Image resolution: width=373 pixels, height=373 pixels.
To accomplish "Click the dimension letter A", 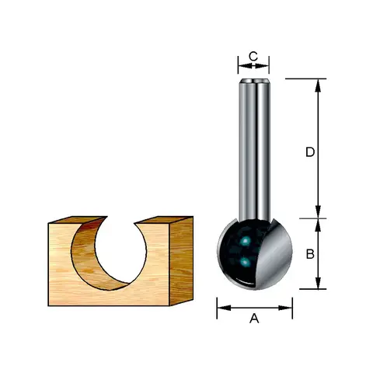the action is pyautogui.click(x=254, y=318).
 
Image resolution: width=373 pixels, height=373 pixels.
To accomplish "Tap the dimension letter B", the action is pyautogui.click(x=310, y=254).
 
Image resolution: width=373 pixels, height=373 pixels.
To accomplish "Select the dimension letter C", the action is pyautogui.click(x=253, y=56).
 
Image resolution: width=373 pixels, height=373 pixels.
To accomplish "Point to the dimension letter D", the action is pyautogui.click(x=310, y=152).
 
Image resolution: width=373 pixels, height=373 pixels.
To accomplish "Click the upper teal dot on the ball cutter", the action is pyautogui.click(x=245, y=242).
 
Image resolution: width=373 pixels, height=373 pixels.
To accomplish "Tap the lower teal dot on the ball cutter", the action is pyautogui.click(x=245, y=263).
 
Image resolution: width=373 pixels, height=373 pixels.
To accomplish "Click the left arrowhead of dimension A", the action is pyautogui.click(x=224, y=308).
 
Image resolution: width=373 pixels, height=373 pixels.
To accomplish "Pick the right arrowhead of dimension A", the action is pyautogui.click(x=285, y=308).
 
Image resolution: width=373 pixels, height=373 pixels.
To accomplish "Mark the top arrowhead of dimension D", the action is pyautogui.click(x=318, y=85).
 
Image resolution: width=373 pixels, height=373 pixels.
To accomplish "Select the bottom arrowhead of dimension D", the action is pyautogui.click(x=318, y=211).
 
